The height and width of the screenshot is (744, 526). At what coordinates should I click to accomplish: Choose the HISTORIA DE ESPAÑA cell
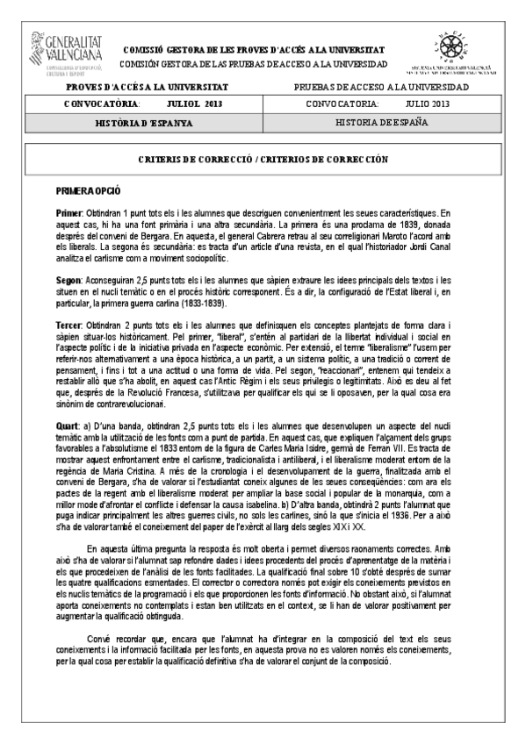click(382, 122)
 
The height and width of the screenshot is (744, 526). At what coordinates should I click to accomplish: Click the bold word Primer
click(68, 214)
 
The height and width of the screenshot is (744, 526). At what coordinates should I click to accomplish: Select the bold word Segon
click(69, 277)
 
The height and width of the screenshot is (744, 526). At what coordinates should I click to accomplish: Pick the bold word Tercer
click(69, 325)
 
